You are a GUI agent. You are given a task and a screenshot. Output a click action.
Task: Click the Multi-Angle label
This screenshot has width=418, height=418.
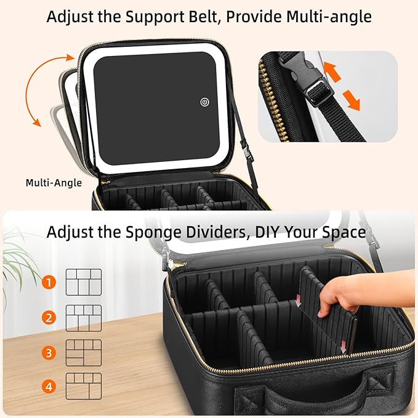coord(54,183)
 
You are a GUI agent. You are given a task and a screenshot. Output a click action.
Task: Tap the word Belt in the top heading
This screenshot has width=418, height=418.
coord(185,17)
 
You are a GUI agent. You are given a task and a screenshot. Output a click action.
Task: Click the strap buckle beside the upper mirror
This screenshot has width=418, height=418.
coord(244,150)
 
